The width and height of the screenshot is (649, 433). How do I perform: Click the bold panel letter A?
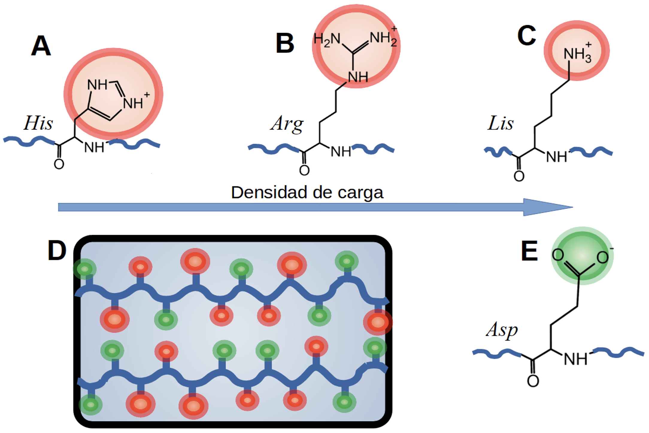point(41,46)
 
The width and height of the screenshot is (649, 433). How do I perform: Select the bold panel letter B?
point(285,43)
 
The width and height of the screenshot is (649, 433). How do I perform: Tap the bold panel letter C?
point(526,36)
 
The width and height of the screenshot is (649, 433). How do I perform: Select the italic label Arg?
point(286,124)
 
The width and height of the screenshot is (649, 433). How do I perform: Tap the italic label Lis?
point(500,123)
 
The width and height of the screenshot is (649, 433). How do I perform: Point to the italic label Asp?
point(502,330)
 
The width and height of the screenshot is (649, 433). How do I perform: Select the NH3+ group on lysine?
point(577,54)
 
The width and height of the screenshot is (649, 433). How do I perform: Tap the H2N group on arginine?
point(327,40)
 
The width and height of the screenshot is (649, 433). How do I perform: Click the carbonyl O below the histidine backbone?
point(59,164)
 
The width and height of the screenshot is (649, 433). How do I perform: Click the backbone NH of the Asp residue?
point(575,359)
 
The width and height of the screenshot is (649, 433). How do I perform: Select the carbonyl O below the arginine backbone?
point(304,170)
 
